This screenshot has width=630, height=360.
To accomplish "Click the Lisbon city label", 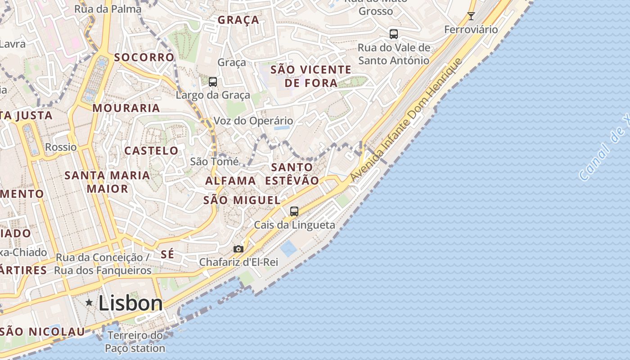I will [x=130, y=303].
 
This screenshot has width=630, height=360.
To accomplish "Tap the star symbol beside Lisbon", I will [x=89, y=303].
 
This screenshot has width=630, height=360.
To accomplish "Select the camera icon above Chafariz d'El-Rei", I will [x=238, y=249].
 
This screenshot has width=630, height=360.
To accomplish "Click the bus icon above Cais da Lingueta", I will [x=294, y=211].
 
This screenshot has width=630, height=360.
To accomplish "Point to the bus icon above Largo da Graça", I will [x=213, y=82].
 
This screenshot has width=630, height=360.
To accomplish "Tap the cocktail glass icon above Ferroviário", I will [x=471, y=16].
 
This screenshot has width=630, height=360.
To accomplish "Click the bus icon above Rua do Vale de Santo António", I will [x=394, y=34].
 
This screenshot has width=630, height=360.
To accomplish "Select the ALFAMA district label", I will [x=230, y=181].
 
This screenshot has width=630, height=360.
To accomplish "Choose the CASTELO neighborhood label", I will [x=151, y=151].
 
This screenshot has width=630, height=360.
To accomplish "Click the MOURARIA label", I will [x=126, y=108].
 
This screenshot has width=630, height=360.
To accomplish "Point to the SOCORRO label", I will [x=144, y=57].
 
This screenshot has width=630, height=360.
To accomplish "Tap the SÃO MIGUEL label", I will [x=242, y=200].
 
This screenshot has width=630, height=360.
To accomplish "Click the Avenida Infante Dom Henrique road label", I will [x=406, y=120].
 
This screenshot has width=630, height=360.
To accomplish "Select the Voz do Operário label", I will [x=253, y=121].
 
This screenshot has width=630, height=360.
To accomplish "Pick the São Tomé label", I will [x=214, y=161].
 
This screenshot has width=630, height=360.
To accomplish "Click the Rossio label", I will [x=61, y=147].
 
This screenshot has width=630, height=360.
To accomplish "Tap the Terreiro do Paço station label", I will [x=135, y=342].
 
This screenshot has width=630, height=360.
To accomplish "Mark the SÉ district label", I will [x=167, y=254].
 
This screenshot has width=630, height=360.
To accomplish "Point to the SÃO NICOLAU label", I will [x=42, y=332].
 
